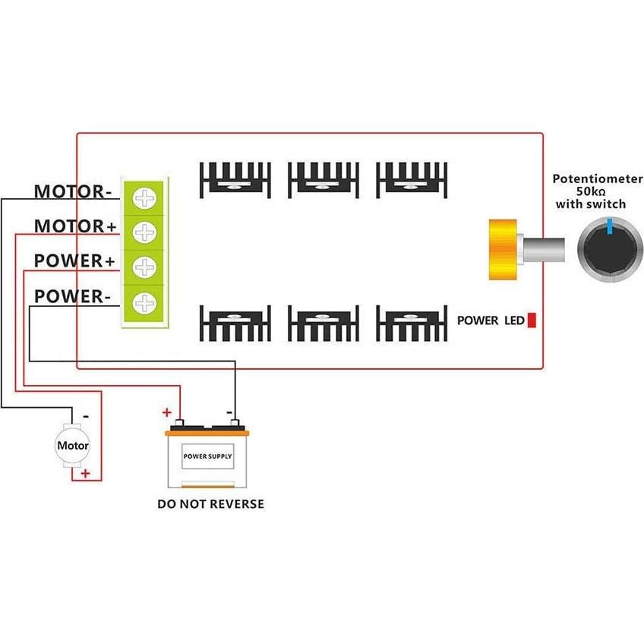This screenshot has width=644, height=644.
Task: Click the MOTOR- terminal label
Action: (73, 191)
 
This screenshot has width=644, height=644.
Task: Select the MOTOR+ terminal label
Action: (74, 226)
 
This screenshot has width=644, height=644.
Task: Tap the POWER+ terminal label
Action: (74, 261)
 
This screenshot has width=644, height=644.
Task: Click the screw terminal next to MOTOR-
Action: (144, 198)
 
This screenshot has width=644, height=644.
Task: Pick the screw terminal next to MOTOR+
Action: (144, 232)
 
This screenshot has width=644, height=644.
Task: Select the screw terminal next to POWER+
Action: (144, 268)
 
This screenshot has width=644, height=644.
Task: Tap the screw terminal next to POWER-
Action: (144, 304)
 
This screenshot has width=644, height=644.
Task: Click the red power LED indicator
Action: (532, 320)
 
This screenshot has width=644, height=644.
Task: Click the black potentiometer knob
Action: (610, 250)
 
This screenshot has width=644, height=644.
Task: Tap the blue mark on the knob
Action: (610, 226)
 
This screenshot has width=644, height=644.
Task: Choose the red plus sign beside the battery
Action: (166, 412)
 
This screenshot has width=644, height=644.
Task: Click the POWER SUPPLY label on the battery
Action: (208, 457)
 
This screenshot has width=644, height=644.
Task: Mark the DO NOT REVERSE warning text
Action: (211, 504)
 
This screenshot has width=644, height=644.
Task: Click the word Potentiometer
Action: (598, 179)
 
